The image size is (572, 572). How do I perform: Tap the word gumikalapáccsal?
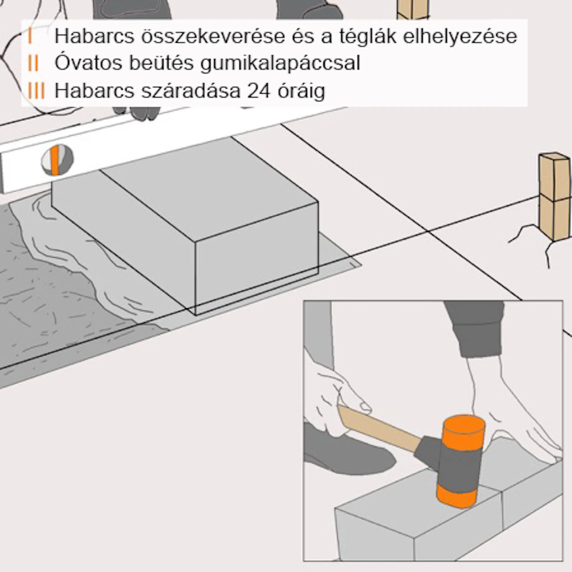280,63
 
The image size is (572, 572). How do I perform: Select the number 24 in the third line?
259,91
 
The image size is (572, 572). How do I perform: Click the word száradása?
191,91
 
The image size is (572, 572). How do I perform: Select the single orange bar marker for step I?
30,37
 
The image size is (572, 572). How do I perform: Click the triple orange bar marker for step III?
36,91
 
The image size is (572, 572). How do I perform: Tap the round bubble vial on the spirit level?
57,160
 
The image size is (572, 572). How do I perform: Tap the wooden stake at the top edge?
412,9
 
